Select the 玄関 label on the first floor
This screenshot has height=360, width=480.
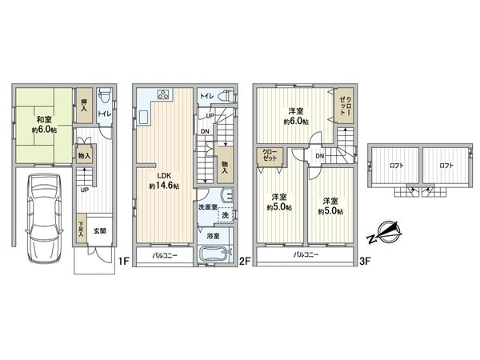tap(99, 231)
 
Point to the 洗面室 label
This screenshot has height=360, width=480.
tap(209, 207)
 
